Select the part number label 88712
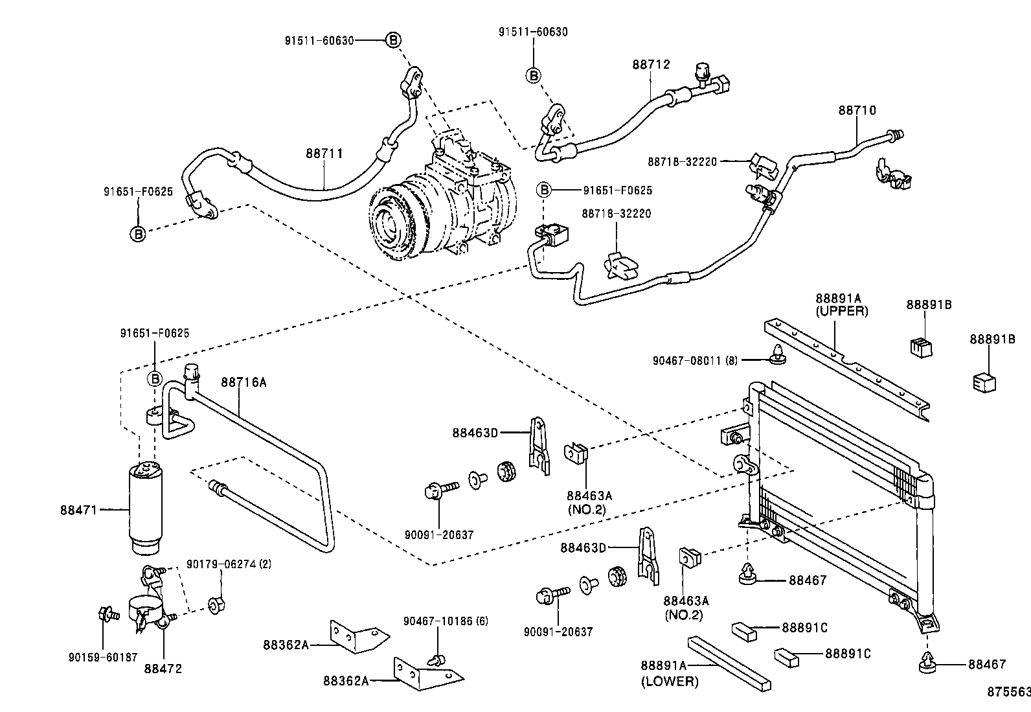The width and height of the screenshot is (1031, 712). [x=651, y=64]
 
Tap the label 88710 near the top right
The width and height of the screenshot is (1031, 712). [x=857, y=110]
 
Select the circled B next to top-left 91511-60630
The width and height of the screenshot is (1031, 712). [x=393, y=40]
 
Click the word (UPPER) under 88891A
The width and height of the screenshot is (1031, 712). [x=841, y=311]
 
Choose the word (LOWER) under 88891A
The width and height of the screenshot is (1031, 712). [x=670, y=681]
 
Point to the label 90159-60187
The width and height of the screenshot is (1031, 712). [x=102, y=657]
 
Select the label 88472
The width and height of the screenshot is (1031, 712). [x=163, y=667]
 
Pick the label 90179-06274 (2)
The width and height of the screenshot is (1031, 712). [x=229, y=564]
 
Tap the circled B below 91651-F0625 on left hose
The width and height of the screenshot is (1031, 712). [x=139, y=233]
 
